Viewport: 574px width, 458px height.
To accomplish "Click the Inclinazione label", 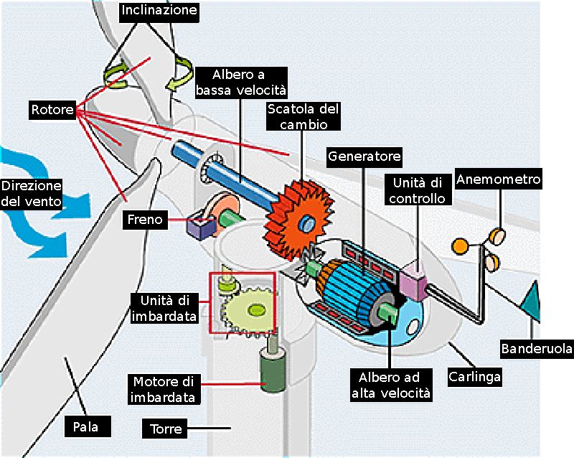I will (x=159, y=11).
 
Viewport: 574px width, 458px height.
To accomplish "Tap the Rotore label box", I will (x=52, y=110).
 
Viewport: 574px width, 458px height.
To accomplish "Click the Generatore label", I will (x=364, y=156).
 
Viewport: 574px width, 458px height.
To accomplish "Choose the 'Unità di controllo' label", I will (x=417, y=190).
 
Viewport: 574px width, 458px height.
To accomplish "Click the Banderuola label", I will (x=537, y=349).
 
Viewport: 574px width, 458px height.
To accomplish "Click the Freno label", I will (x=146, y=219).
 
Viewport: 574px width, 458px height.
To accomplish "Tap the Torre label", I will (x=166, y=429).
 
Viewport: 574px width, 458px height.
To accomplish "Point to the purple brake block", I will (x=198, y=226).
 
